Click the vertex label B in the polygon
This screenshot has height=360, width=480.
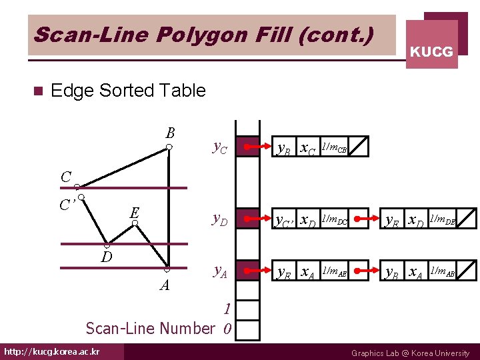click(x=170, y=133)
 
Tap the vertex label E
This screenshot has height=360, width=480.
click(x=135, y=212)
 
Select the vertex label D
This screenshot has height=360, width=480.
click(x=106, y=257)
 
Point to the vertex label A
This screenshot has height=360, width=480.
click(x=164, y=285)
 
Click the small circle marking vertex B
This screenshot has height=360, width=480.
click(x=169, y=147)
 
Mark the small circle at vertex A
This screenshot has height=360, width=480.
click(x=167, y=269)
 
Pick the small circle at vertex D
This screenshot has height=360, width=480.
click(x=107, y=245)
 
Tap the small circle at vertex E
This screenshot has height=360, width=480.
click(x=135, y=224)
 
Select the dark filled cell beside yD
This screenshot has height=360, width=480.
click(x=249, y=218)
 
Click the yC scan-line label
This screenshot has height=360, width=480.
click(x=220, y=147)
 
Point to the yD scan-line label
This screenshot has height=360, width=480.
click(x=220, y=219)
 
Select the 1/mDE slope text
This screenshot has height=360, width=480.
click(x=443, y=219)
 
